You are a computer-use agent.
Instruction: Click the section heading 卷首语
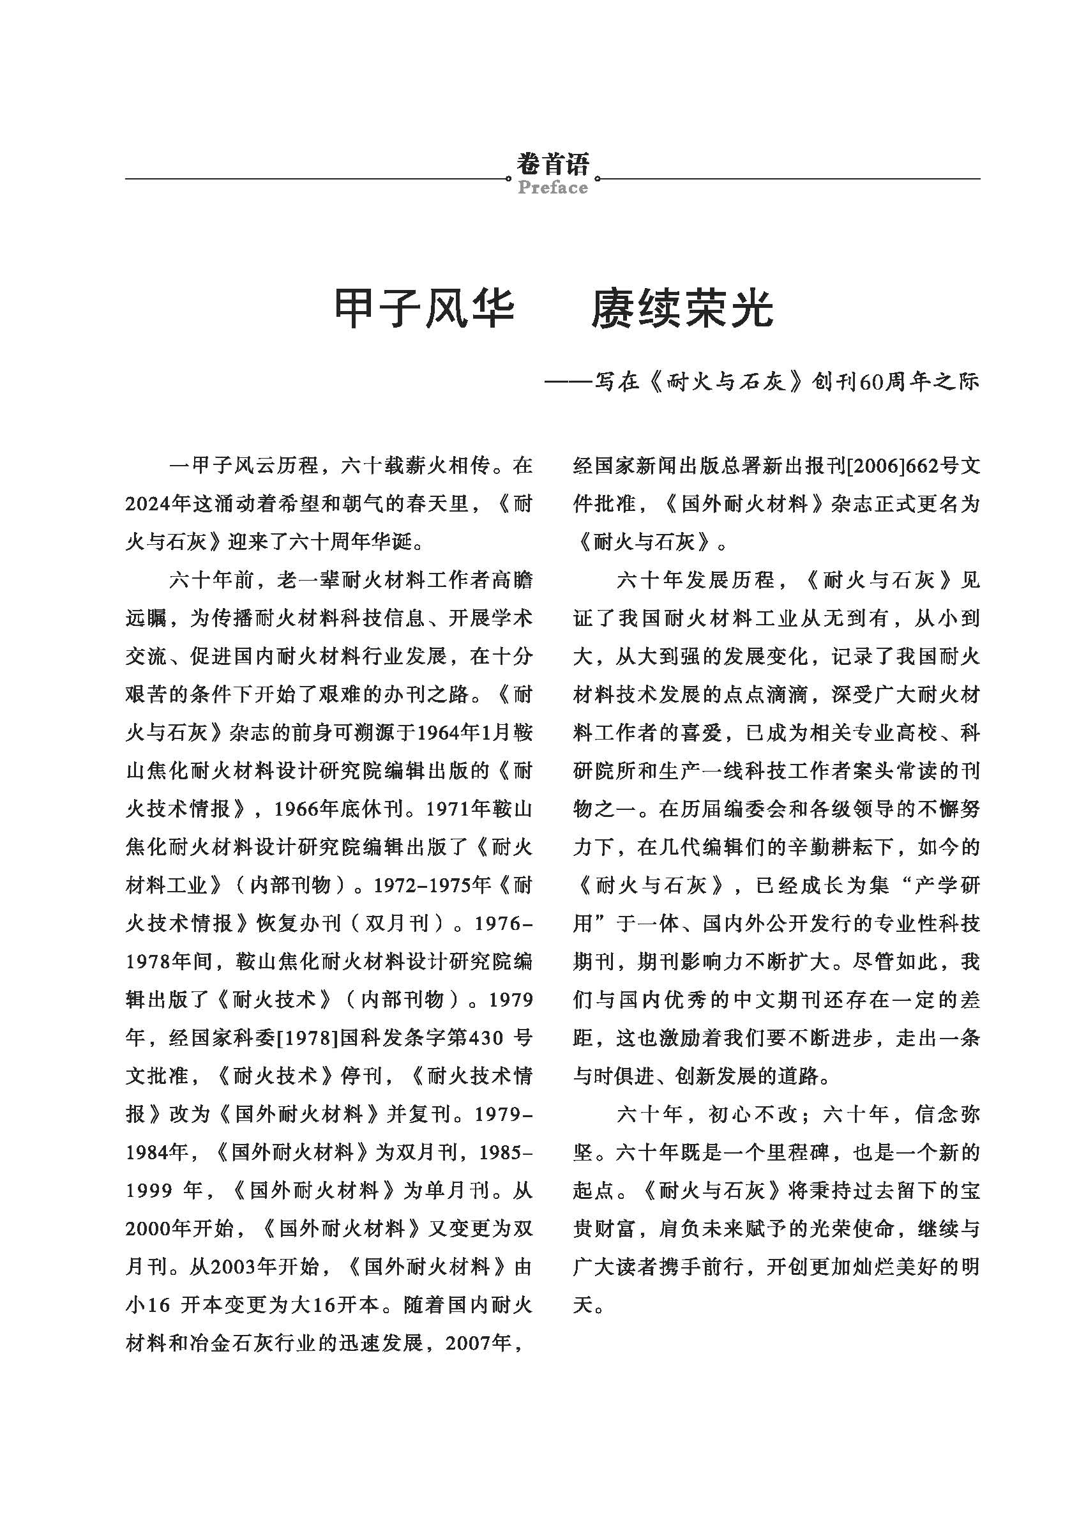(x=552, y=164)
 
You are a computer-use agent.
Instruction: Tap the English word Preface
(x=552, y=187)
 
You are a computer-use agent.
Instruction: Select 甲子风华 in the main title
(x=424, y=309)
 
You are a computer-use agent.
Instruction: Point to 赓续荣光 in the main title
(x=682, y=309)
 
